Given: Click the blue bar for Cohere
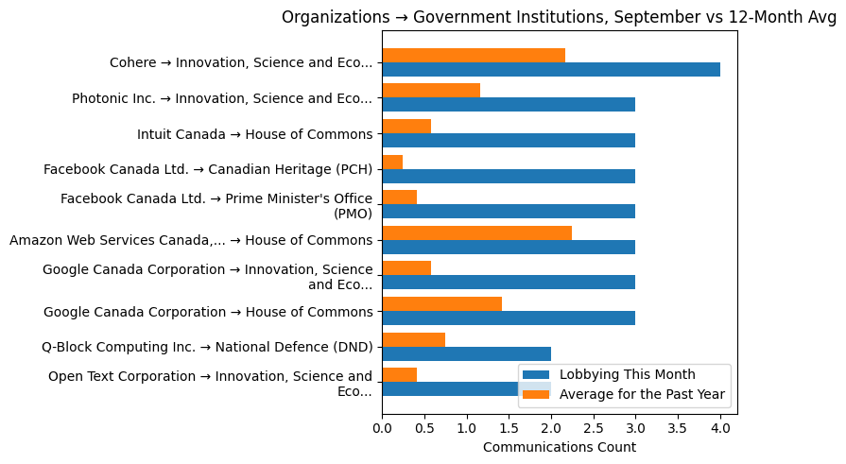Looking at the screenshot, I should tap(551, 69).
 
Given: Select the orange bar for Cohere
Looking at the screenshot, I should tap(474, 55).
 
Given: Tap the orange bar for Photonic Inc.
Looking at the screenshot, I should tap(431, 91).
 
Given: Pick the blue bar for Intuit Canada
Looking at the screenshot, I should tap(509, 140).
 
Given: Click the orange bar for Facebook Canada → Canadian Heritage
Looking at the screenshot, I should tap(392, 162).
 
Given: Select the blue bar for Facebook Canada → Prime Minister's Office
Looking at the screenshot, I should tap(509, 211).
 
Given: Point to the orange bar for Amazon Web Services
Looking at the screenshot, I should tap(476, 232).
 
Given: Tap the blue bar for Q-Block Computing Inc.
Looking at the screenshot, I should tap(466, 353).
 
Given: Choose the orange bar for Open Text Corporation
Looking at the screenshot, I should tap(399, 374).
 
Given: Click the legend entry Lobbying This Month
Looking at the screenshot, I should tap(627, 374).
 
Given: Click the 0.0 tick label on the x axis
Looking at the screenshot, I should tap(382, 428).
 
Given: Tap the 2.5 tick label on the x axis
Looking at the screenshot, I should tap(594, 428).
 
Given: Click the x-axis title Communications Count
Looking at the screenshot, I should tap(559, 447).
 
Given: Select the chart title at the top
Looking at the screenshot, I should tap(559, 17).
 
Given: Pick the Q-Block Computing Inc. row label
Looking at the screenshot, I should tap(207, 346).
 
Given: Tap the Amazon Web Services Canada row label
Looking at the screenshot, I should tap(191, 240).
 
